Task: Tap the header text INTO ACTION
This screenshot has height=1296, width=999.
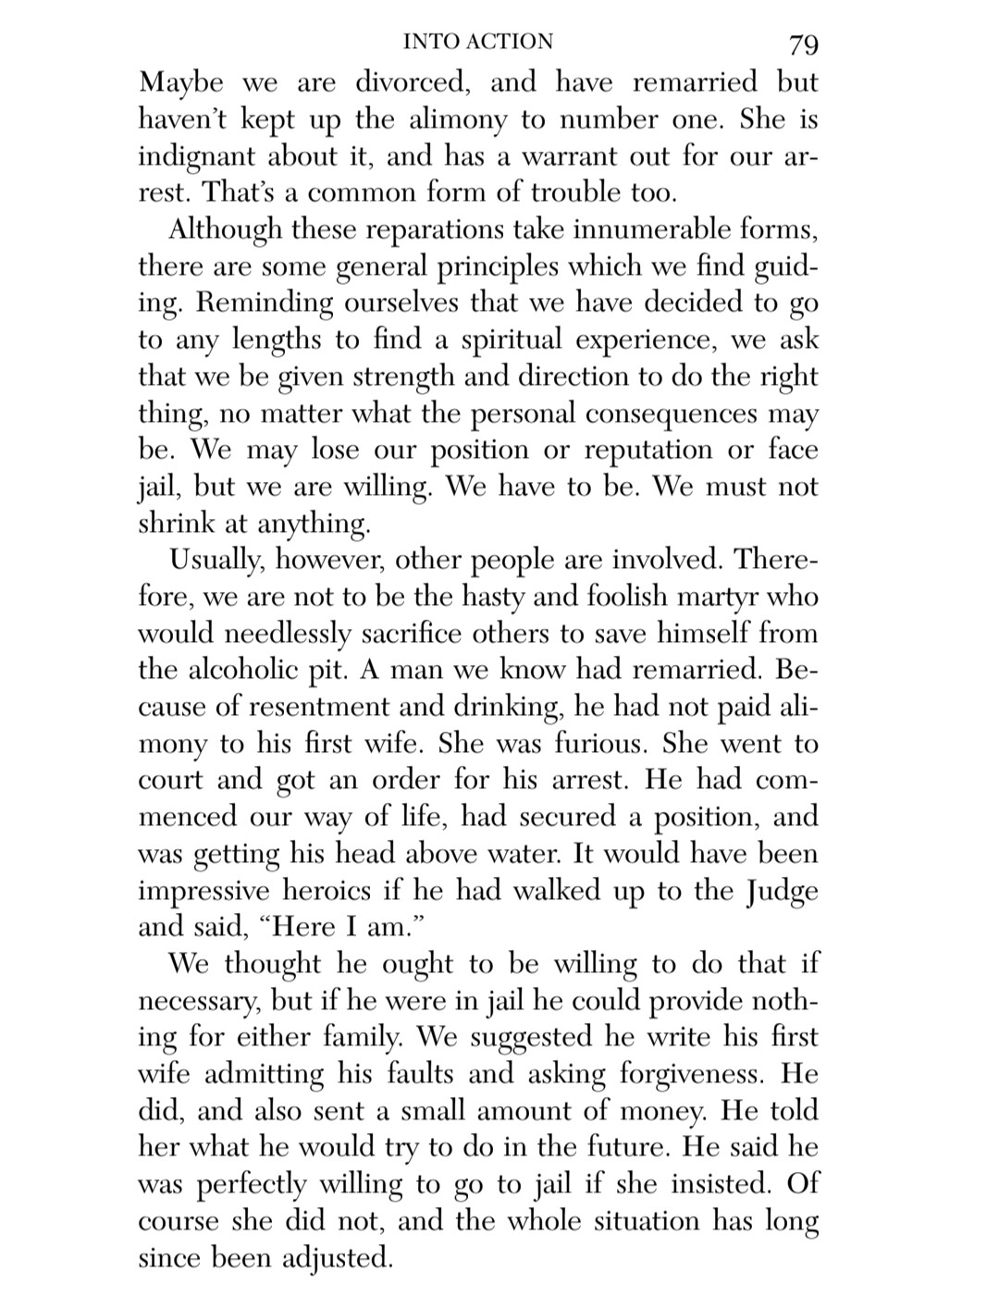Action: tap(478, 42)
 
